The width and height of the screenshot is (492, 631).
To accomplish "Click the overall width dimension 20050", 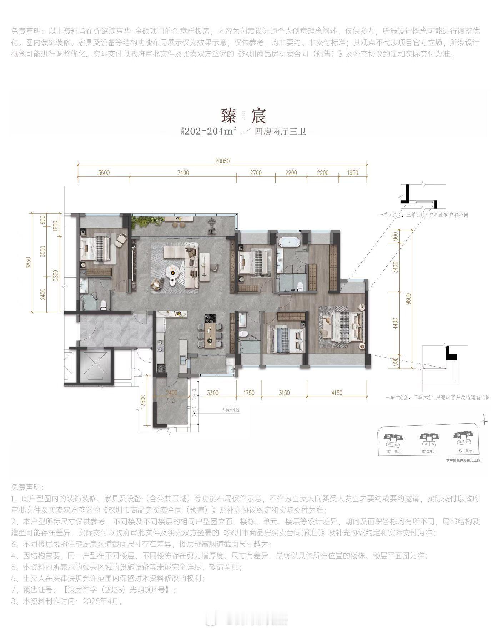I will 222,161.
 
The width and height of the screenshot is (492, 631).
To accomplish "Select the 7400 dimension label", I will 183,173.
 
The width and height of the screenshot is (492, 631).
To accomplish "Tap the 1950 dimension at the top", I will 352,173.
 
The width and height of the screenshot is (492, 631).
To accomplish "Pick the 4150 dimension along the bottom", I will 337,393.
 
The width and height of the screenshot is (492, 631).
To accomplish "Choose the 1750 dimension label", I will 248,393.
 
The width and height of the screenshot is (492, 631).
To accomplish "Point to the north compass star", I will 484,421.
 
